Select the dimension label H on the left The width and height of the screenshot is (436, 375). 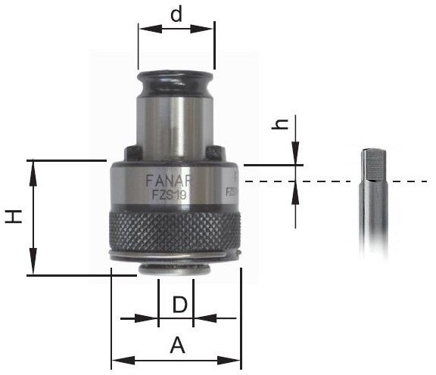click(14, 217)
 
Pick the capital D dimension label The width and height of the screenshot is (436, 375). click(179, 305)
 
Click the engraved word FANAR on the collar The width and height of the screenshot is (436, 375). click(168, 181)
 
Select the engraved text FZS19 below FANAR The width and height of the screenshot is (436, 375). click(169, 194)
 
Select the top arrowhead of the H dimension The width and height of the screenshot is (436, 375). click(33, 166)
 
